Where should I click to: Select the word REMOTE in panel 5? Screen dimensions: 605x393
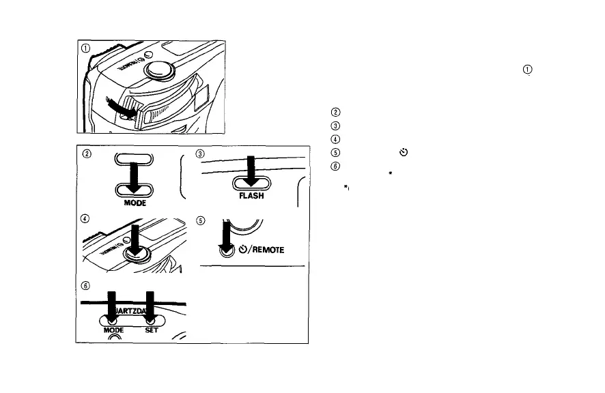tap(268, 249)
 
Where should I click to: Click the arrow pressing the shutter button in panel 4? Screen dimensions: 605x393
tap(135, 241)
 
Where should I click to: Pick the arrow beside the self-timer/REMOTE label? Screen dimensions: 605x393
tap(223, 238)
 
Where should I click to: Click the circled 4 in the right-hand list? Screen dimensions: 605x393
tap(335, 139)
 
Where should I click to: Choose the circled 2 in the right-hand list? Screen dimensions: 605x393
tap(335, 113)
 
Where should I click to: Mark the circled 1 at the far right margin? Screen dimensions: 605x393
tap(527, 70)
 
